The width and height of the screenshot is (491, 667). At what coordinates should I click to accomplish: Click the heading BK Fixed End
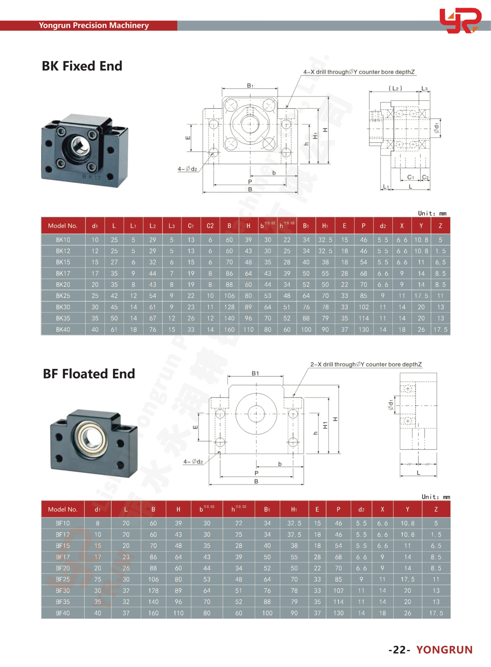click(82, 66)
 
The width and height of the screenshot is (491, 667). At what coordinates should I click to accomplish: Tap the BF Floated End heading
click(89, 374)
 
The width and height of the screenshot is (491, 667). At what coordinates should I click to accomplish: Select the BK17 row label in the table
click(63, 273)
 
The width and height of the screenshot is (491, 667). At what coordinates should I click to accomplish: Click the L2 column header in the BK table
click(153, 226)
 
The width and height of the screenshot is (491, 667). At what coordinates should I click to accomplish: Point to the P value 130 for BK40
click(363, 329)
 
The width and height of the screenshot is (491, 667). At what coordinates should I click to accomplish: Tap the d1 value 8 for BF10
click(97, 523)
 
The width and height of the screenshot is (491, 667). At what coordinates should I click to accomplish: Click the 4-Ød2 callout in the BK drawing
click(187, 169)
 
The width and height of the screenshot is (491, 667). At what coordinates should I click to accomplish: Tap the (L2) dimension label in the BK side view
click(395, 88)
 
